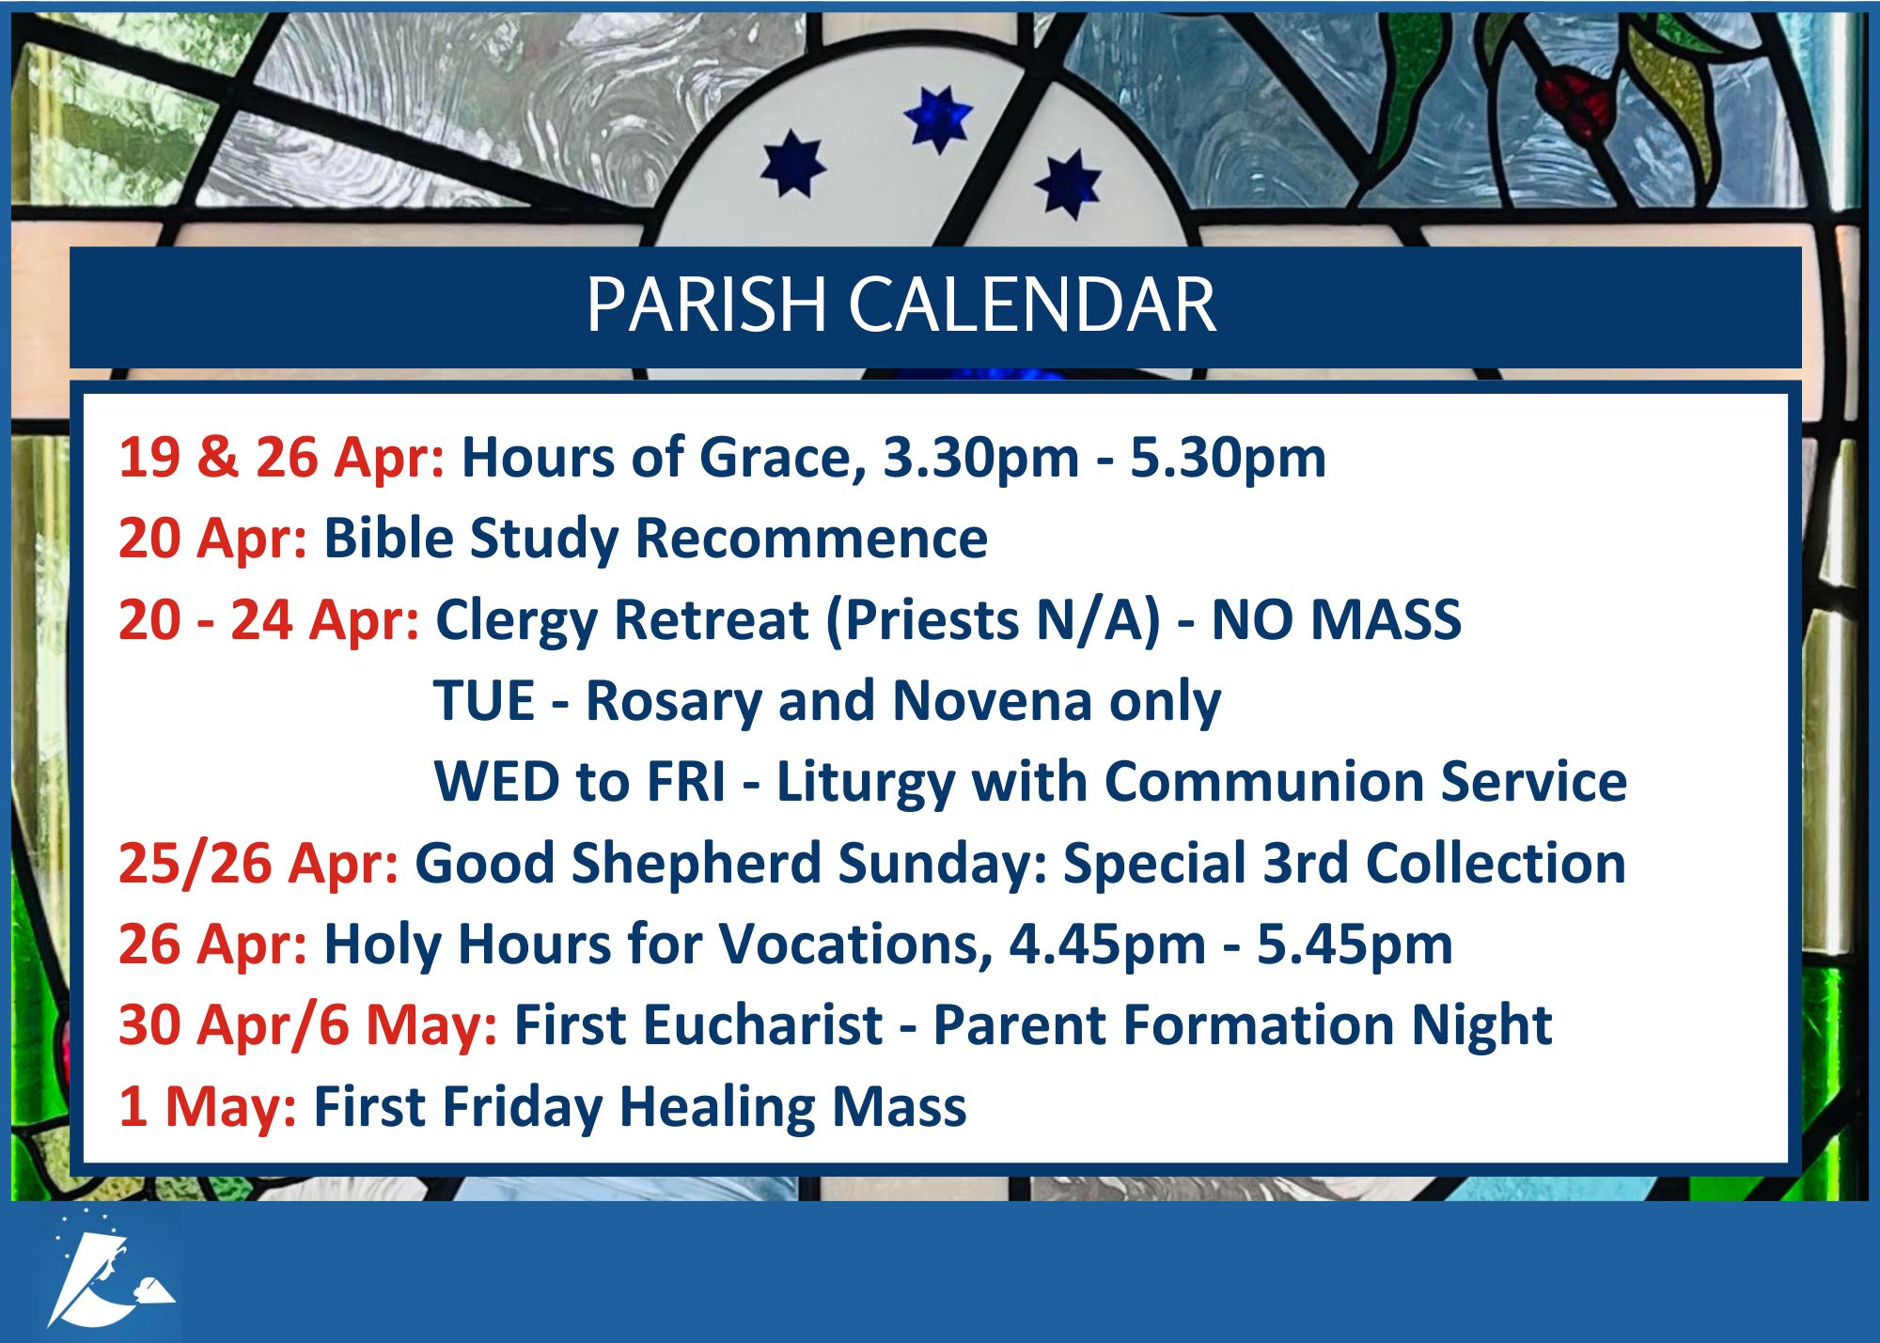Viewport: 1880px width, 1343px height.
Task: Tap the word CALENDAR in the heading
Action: coord(1033,305)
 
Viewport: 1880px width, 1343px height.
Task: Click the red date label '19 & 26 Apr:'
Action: coord(281,458)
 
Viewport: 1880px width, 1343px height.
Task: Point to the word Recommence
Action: coord(811,539)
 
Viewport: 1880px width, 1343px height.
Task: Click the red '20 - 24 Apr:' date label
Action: coord(269,620)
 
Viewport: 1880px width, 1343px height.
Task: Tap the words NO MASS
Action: coord(1336,620)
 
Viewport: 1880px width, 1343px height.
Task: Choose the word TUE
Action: coord(484,701)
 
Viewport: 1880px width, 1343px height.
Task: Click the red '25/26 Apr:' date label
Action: coord(258,864)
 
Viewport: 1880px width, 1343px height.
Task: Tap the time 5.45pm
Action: coord(1355,945)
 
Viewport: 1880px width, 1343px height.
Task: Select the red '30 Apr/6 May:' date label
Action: coord(307,1025)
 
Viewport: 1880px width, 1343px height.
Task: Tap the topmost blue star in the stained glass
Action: coord(938,119)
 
